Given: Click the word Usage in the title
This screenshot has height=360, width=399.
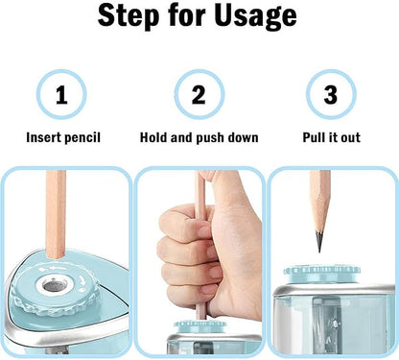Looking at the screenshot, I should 257,16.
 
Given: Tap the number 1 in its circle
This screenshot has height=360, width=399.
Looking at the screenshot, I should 61,95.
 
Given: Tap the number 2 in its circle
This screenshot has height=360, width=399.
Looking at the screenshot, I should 199,95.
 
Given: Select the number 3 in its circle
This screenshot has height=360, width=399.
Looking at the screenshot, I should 331,95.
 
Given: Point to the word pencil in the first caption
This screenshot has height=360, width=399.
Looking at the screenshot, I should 83,137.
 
